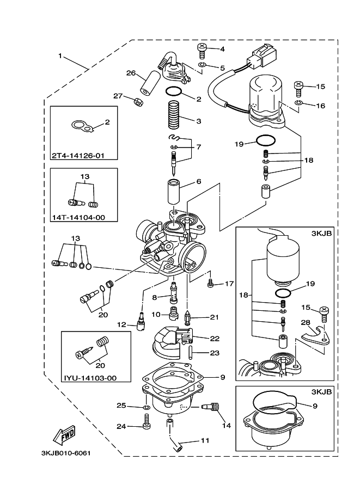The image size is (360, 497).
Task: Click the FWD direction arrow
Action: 64,435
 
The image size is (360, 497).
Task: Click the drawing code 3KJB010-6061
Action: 65,453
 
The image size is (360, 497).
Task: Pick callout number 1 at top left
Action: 60,56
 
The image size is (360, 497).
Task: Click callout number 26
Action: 131,73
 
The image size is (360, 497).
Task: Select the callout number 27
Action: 118,96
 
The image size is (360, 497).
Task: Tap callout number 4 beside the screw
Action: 223,49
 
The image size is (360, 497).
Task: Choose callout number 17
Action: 229,284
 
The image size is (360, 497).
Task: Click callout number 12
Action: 122,324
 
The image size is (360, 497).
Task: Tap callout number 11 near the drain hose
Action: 204,440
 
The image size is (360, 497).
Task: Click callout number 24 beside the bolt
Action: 123,426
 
